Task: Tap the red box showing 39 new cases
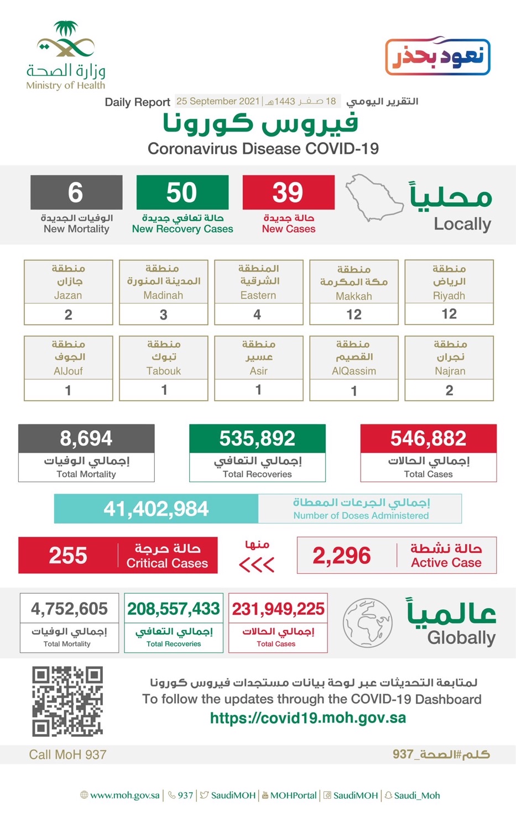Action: tap(288, 192)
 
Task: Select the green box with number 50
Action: tap(182, 192)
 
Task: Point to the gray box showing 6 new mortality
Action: tap(76, 192)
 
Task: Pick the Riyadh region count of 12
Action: tap(449, 314)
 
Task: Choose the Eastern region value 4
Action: tap(258, 315)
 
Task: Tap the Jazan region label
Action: tap(68, 282)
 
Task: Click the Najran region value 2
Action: tap(449, 390)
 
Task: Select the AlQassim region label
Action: tap(353, 358)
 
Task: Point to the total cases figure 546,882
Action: tap(428, 438)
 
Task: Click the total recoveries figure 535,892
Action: tap(257, 438)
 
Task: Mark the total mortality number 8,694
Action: tap(86, 438)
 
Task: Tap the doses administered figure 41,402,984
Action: tap(156, 509)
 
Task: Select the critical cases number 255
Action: tap(68, 556)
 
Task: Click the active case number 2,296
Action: tap(342, 556)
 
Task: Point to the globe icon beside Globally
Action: tap(368, 622)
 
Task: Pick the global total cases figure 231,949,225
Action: tap(278, 609)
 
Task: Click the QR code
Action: tap(67, 701)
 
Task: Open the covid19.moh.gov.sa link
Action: tap(307, 718)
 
